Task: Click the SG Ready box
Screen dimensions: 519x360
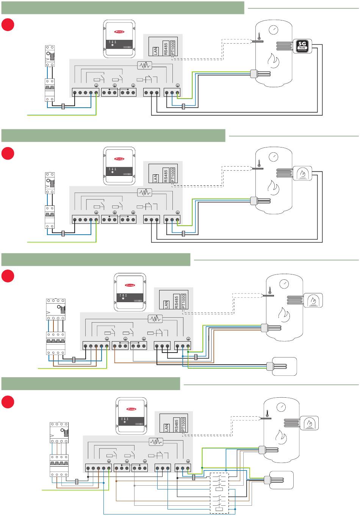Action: (302, 46)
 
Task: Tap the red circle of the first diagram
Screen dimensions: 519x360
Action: (8, 25)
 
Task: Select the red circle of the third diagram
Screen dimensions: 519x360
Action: (8, 276)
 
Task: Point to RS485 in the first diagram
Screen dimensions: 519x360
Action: (165, 49)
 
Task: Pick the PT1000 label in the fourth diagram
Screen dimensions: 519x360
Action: (184, 425)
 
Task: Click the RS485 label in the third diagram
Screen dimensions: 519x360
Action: (176, 302)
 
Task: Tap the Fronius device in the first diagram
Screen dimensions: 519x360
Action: (119, 39)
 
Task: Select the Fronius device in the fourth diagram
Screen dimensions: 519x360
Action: (131, 416)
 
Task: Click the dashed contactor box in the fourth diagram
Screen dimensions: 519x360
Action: (219, 493)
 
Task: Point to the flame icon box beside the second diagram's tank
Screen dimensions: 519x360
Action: (302, 173)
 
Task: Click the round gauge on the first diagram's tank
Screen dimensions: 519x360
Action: (272, 30)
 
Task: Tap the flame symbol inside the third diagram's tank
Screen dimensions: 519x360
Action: (283, 313)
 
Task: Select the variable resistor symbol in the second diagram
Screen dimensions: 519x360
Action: (144, 192)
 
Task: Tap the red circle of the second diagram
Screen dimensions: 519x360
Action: (8, 153)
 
